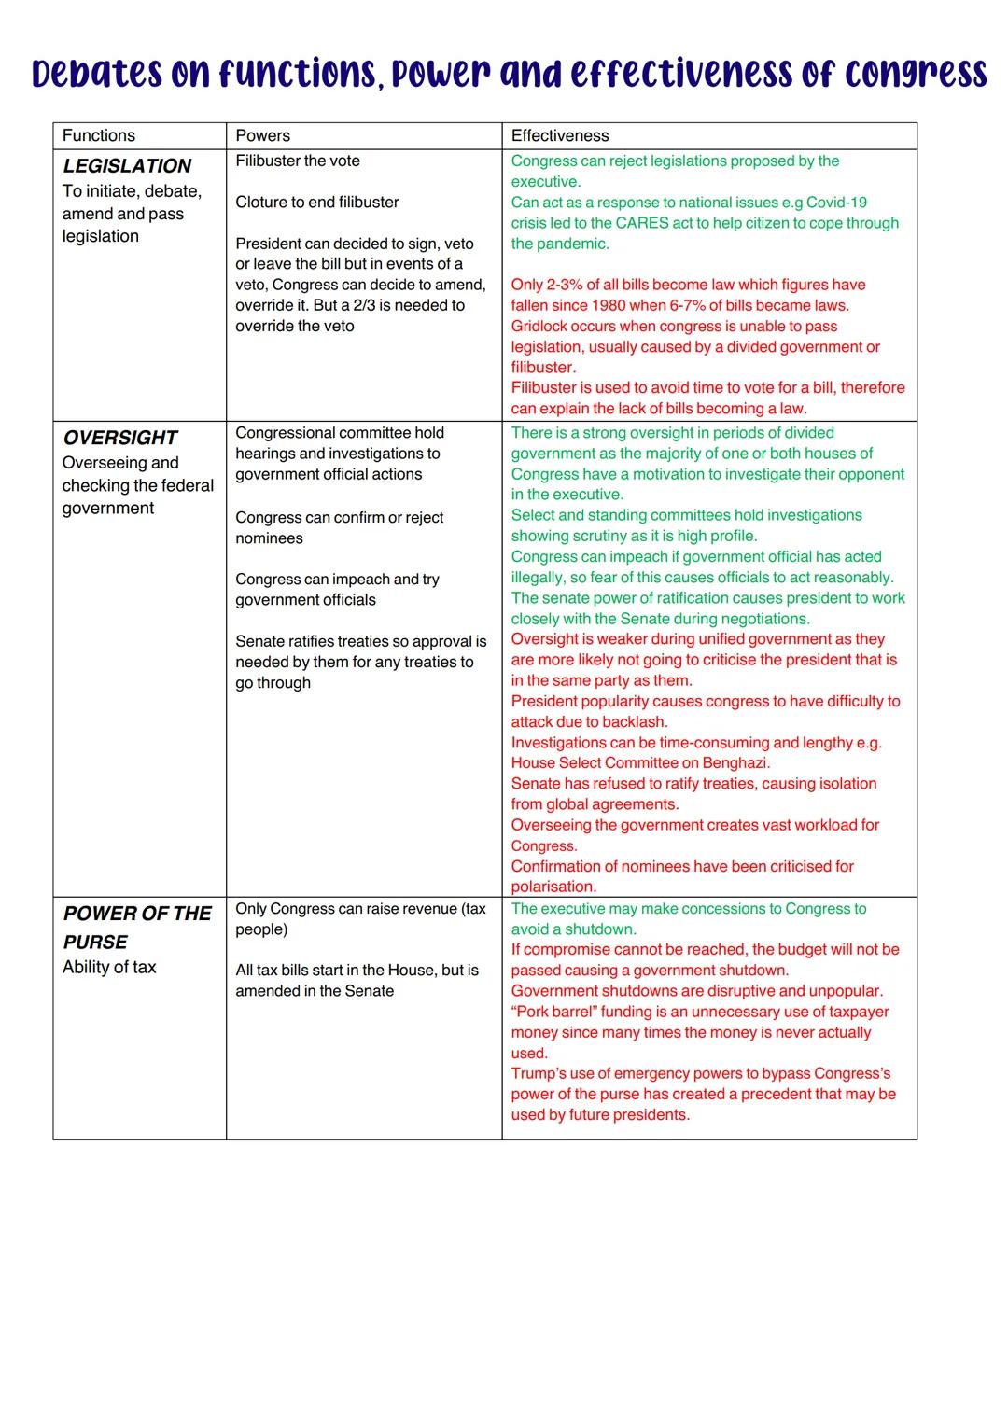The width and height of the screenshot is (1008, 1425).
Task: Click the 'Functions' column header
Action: pyautogui.click(x=99, y=136)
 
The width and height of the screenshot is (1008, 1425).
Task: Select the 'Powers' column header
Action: pyautogui.click(x=262, y=136)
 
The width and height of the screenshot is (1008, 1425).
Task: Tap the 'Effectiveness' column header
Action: pyautogui.click(x=560, y=136)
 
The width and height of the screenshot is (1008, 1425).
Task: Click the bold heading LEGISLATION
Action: pyautogui.click(x=127, y=166)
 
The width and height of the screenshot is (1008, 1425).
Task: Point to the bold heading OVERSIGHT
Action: pyautogui.click(x=120, y=438)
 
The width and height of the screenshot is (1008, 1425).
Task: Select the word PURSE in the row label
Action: pyautogui.click(x=95, y=943)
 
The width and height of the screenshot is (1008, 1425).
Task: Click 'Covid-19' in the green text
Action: pyautogui.click(x=836, y=203)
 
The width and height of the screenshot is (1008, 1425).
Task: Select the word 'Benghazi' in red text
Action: pyautogui.click(x=734, y=763)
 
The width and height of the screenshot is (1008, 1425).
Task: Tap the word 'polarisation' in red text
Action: pyautogui.click(x=553, y=887)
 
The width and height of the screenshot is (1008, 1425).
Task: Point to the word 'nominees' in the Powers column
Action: pyautogui.click(x=269, y=538)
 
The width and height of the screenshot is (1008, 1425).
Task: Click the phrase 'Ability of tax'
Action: pyautogui.click(x=109, y=968)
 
